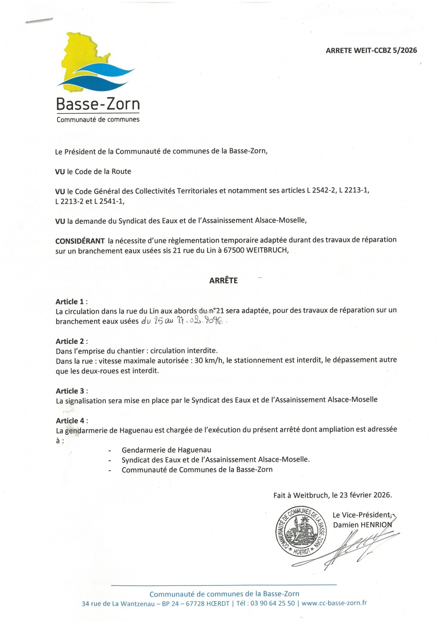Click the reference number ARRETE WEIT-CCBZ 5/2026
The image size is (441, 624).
(371, 51)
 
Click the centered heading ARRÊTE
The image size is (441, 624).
(223, 280)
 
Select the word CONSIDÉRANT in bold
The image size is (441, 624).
(80, 241)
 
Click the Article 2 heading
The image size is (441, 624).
(71, 341)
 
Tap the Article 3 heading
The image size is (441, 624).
(71, 391)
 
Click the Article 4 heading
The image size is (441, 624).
(71, 421)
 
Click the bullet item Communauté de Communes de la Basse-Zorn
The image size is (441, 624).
(197, 470)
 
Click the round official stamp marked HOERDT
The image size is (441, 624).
(301, 531)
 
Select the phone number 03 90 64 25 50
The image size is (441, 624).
(272, 603)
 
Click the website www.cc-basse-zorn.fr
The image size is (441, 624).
(334, 603)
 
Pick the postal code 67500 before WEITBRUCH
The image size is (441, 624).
(234, 250)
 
